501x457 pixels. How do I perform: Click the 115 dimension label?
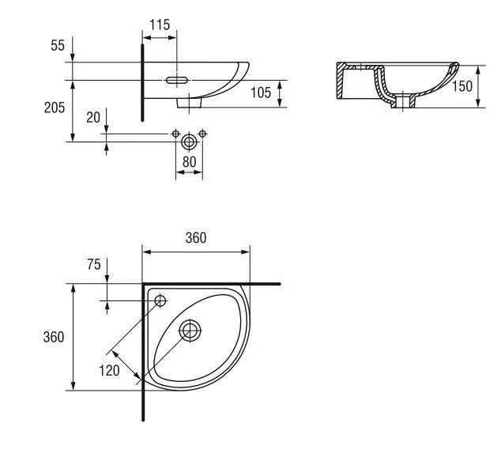(x=160, y=25)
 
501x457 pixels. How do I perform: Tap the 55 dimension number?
(x=58, y=45)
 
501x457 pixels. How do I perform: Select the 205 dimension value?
(x=55, y=108)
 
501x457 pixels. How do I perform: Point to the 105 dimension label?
(x=261, y=93)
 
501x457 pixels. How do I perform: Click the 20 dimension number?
(x=93, y=118)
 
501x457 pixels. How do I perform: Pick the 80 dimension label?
(x=189, y=162)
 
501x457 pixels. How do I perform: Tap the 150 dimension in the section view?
(x=462, y=86)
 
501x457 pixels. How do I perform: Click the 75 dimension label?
(x=93, y=265)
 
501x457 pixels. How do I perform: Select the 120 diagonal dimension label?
(x=109, y=371)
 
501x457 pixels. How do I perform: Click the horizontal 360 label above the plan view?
(x=196, y=238)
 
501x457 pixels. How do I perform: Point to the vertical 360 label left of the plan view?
(x=54, y=337)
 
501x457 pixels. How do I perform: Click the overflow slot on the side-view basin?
(x=177, y=80)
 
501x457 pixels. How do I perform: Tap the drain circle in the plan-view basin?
(x=190, y=330)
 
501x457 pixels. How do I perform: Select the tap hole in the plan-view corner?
(x=160, y=300)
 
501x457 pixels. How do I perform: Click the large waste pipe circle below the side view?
(x=189, y=142)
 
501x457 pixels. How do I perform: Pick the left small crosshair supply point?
(x=175, y=134)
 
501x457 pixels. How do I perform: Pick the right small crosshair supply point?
(x=202, y=134)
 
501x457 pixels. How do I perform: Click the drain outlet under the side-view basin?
(x=189, y=103)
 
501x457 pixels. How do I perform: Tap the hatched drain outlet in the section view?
(x=403, y=101)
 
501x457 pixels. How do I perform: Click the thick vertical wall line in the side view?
(x=142, y=83)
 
